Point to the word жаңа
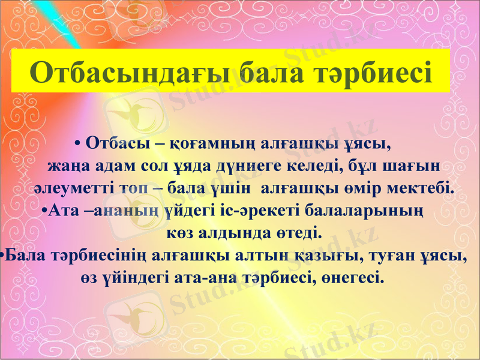pyautogui.click(x=68, y=165)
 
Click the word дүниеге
pyautogui.click(x=262, y=165)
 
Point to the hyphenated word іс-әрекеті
pyautogui.click(x=253, y=211)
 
